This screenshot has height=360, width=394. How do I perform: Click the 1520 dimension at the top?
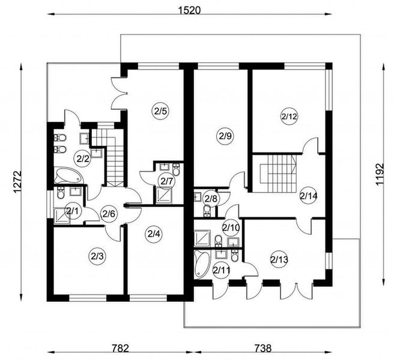[x=189, y=11]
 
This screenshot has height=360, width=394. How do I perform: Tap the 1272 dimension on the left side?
[x=17, y=182]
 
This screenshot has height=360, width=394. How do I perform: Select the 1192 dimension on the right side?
[x=380, y=174]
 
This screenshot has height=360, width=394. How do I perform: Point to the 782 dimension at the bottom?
[x=120, y=349]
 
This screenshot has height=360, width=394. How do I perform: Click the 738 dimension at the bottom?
[x=263, y=349]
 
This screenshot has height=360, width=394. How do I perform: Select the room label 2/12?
[x=289, y=116]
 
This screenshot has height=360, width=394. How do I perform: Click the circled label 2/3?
[x=97, y=256]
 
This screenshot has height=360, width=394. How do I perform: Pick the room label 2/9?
[x=225, y=136]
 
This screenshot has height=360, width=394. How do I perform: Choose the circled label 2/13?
[x=279, y=260]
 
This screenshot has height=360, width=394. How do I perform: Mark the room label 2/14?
[x=309, y=196]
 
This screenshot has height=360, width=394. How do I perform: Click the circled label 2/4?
[x=154, y=234]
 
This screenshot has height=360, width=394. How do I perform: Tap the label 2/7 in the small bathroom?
[x=167, y=181]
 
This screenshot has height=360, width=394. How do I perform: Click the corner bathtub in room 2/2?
[x=68, y=175]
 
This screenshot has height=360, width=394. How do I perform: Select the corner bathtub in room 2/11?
[x=202, y=264]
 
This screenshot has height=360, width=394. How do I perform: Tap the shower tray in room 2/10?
[x=202, y=238]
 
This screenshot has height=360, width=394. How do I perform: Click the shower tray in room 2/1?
[x=61, y=215]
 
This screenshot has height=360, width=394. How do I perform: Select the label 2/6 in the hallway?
[x=109, y=214]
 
